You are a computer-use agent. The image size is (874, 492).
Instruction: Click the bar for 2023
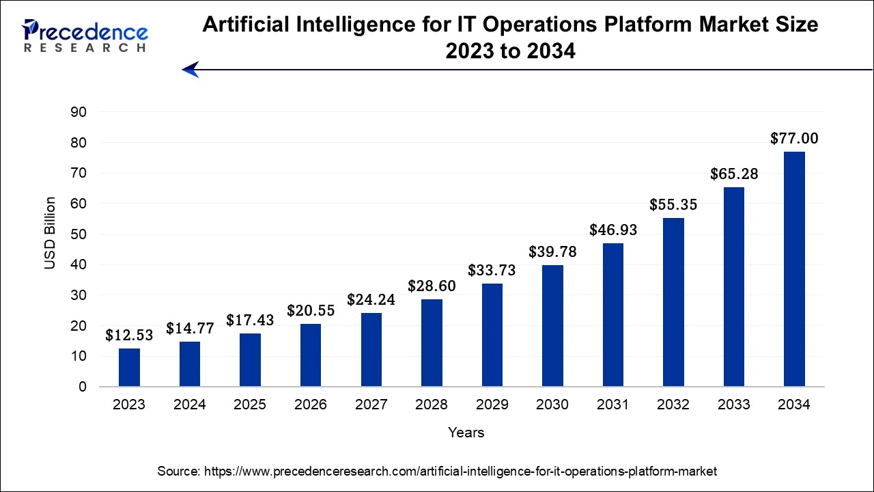pos(129,368)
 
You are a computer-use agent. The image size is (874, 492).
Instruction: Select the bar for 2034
pos(794,269)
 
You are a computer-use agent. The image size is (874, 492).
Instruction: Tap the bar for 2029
pos(492,335)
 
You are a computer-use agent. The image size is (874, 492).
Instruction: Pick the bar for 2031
pos(612,315)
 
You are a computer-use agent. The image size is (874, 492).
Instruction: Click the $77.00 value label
pos(794,139)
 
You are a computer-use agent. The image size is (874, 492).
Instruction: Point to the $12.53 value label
pos(129,336)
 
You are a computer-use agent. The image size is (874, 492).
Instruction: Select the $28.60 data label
pos(432,286)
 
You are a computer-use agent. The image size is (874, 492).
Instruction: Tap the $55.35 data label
pos(673,204)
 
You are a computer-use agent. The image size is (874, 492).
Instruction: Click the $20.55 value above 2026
pos(311,311)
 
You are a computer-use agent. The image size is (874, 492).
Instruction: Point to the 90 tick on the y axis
pos(79,112)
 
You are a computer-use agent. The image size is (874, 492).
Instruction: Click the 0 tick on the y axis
pos(83,387)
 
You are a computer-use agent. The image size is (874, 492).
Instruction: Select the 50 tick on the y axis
pos(79,234)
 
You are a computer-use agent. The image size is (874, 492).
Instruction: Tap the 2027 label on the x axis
pos(371,405)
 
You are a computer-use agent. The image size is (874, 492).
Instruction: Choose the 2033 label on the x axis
pos(733,405)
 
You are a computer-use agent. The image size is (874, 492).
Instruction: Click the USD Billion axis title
pos(51,233)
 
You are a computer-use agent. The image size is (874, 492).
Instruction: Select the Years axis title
pos(466,433)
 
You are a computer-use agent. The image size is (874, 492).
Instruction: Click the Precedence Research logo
pos(85,36)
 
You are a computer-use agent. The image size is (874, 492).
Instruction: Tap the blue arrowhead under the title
pos(191,69)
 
